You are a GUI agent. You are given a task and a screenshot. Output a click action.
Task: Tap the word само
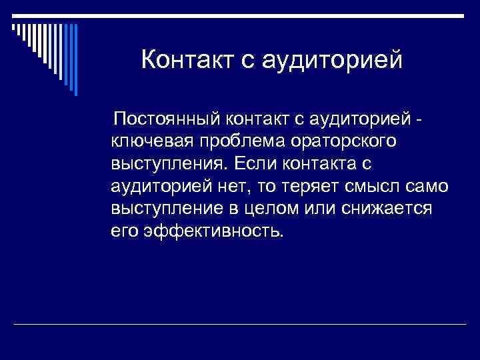[427, 187]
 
